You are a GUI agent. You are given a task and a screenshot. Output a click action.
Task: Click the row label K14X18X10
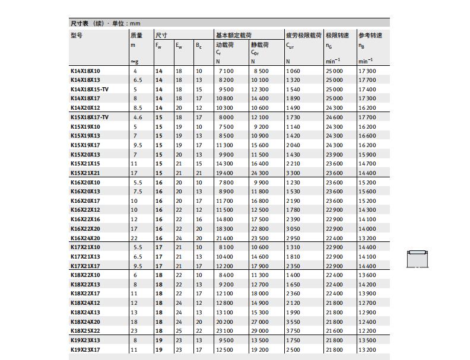[x=85, y=71]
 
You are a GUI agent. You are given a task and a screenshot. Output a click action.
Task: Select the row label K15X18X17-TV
[x=90, y=117]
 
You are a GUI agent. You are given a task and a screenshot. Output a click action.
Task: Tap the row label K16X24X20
[x=85, y=238]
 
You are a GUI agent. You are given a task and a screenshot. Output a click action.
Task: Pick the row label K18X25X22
[x=85, y=331]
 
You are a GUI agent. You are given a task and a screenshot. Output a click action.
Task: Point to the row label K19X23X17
[x=85, y=350]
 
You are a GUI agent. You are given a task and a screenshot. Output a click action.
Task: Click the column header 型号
[x=77, y=35]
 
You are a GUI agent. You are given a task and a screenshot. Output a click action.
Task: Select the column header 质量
[x=136, y=35]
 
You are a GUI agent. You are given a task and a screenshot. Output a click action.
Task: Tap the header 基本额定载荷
[x=234, y=35]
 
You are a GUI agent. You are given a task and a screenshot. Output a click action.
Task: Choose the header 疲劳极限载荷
[x=303, y=35]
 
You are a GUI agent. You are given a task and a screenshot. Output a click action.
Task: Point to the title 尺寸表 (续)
[x=88, y=23]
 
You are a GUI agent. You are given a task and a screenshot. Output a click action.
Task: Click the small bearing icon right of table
[x=417, y=259]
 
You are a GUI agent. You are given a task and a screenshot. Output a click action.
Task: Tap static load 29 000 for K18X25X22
[x=259, y=331]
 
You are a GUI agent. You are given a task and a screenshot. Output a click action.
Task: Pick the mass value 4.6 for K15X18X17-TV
[x=138, y=117]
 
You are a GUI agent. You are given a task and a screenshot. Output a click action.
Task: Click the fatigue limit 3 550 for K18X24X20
[x=293, y=321]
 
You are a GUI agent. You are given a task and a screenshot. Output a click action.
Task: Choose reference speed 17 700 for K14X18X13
[x=367, y=80]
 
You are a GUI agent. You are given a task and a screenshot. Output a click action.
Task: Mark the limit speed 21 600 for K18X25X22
[x=334, y=331]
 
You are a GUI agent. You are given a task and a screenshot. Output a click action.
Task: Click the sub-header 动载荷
[x=225, y=44]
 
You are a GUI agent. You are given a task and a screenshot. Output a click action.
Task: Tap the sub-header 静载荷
[x=259, y=44]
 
